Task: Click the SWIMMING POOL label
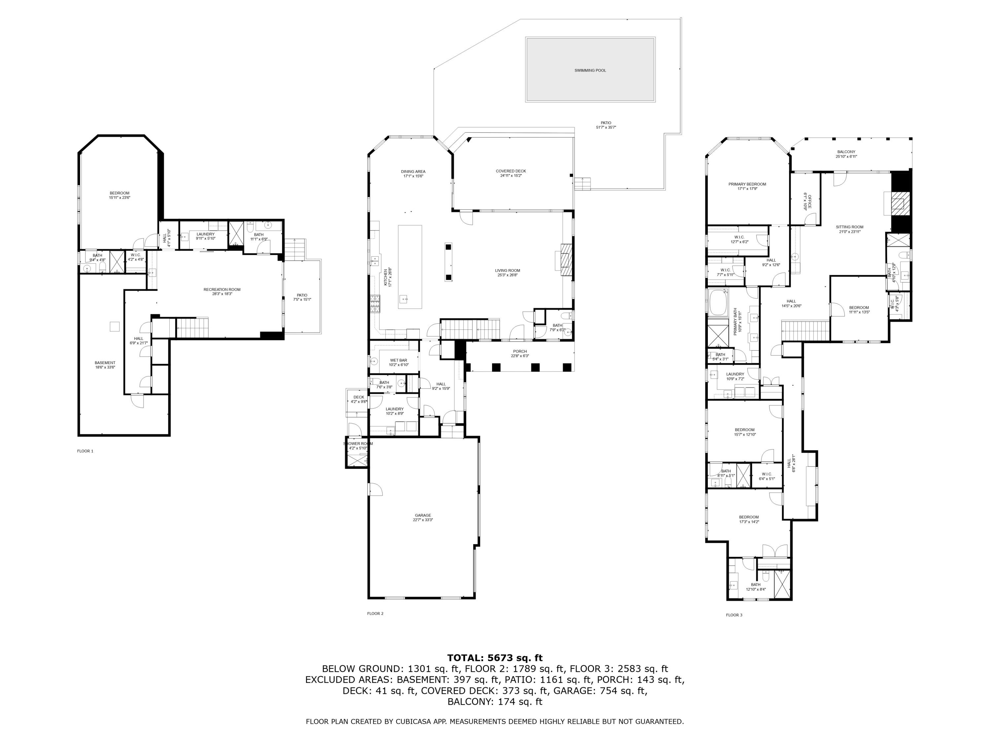click(x=590, y=70)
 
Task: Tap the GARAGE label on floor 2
click(x=422, y=515)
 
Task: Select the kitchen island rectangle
click(x=410, y=266)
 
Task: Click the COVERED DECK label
click(x=511, y=171)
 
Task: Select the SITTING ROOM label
click(x=849, y=227)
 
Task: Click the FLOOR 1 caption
click(x=85, y=451)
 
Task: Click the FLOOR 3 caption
click(x=734, y=615)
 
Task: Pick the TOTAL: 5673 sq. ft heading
click(x=495, y=658)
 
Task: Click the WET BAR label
click(x=398, y=360)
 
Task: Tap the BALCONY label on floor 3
click(x=846, y=152)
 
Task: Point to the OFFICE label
click(x=809, y=201)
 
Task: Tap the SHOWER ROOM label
click(x=358, y=444)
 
